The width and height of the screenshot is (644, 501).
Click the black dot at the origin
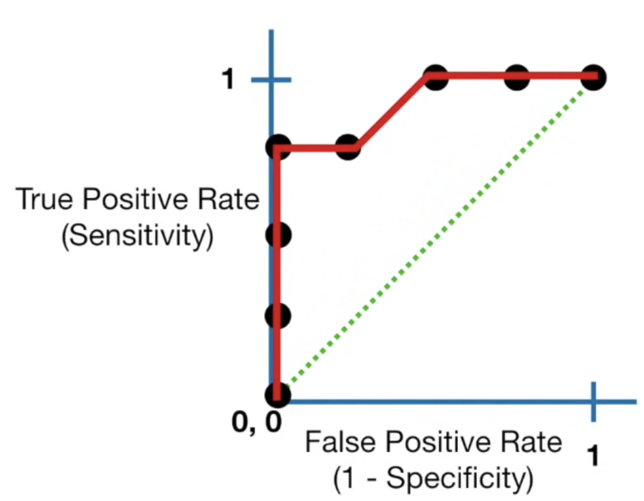[278, 395]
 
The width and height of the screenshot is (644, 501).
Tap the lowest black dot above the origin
[278, 315]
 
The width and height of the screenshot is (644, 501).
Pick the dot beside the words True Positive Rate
[278, 235]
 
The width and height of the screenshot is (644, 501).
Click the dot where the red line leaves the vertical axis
[278, 149]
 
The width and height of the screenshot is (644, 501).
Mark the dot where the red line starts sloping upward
[347, 148]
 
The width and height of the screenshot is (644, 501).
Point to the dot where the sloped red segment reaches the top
[434, 78]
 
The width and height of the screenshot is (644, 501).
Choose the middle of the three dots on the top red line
[518, 78]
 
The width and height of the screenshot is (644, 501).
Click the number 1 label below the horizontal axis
[593, 456]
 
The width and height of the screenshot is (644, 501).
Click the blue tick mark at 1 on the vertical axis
[271, 80]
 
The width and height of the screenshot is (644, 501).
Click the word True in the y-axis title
[38, 200]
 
